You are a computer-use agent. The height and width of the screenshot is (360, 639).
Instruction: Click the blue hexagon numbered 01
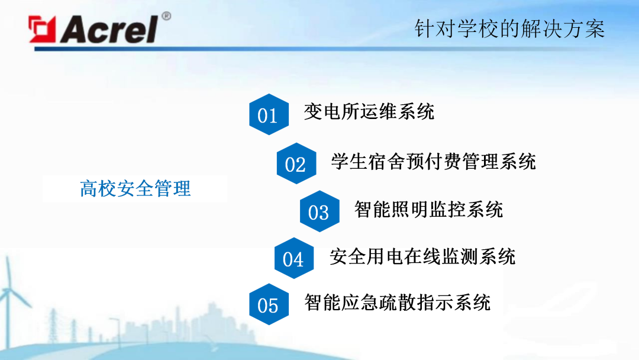click(x=268, y=115)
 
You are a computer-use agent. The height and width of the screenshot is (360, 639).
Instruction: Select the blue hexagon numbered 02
click(x=296, y=163)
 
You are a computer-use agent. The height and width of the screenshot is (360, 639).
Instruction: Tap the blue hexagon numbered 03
click(x=319, y=211)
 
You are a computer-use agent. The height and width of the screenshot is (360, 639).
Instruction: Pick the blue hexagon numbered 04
click(x=293, y=259)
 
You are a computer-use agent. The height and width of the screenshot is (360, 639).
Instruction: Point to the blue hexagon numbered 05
click(x=268, y=305)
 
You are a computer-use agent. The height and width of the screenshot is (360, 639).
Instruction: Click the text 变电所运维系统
click(x=369, y=111)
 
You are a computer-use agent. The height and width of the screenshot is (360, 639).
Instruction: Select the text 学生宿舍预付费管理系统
click(x=434, y=161)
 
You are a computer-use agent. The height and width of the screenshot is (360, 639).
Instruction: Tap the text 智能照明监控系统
click(x=428, y=209)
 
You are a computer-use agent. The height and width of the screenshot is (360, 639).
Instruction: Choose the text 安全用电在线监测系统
click(x=422, y=256)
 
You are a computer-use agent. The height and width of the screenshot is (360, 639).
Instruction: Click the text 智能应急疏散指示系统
click(x=398, y=303)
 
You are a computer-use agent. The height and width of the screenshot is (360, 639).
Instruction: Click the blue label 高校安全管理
click(x=135, y=188)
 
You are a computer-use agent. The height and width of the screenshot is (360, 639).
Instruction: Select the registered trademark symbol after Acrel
click(x=166, y=16)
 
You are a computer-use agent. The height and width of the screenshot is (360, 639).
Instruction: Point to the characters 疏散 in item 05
click(x=398, y=303)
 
